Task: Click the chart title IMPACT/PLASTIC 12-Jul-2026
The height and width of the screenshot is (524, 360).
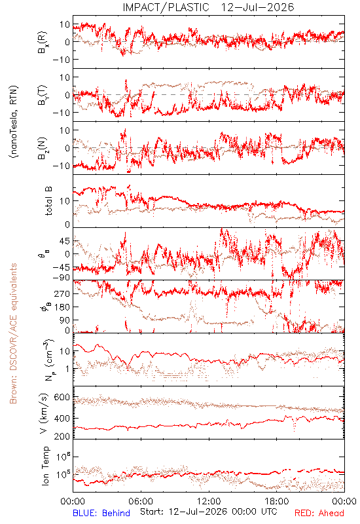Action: (208, 7)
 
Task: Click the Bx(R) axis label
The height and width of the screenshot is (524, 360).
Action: (43, 43)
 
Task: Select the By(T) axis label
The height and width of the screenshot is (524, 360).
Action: (43, 95)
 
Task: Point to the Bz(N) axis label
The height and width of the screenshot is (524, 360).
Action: (43, 148)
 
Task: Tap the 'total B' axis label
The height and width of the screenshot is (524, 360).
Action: (48, 201)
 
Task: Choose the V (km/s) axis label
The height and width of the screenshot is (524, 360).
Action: (44, 413)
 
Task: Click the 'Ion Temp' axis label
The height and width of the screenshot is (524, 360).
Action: (45, 466)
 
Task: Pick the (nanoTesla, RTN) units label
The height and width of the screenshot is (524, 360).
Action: (14, 122)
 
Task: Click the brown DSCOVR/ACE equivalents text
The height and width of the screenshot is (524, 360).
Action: (13, 333)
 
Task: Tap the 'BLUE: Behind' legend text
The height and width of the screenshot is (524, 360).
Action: (101, 513)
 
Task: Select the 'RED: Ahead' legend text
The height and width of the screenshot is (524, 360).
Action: (319, 513)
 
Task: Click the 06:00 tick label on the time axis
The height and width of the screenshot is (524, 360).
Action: (141, 501)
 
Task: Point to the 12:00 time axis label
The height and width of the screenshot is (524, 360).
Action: (209, 501)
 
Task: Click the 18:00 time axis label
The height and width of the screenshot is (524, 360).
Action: (277, 501)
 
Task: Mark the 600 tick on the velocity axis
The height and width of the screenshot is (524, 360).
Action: (62, 397)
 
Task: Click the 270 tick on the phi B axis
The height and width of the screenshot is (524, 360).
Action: (62, 293)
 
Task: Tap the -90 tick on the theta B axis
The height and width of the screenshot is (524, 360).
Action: (60, 278)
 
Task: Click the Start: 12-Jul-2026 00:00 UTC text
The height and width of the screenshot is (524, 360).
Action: (208, 512)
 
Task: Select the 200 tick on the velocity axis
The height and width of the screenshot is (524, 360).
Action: (62, 436)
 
